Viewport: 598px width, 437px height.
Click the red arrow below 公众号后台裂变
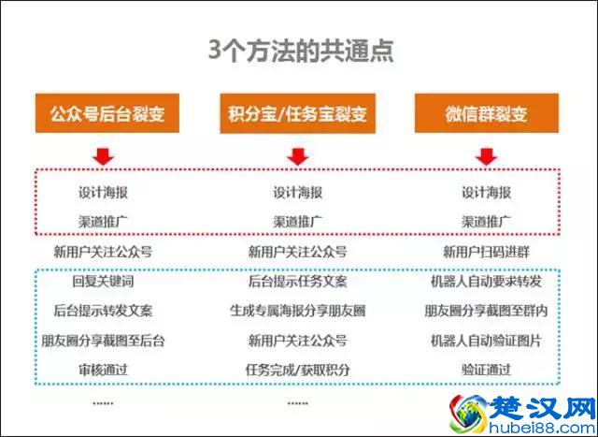click(103, 154)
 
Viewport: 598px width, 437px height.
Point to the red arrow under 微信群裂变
click(486, 154)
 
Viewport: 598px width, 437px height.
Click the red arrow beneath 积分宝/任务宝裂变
click(297, 154)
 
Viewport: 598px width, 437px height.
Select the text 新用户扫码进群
click(486, 252)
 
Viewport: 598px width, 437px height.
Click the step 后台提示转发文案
click(103, 311)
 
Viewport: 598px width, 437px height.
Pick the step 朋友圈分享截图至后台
click(103, 340)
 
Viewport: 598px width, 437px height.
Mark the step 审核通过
click(103, 370)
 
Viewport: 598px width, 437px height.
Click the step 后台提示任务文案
click(297, 281)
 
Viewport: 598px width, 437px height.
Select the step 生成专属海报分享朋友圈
click(297, 311)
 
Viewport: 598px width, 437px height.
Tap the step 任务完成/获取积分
click(297, 370)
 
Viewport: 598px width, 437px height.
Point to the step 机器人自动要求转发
click(486, 281)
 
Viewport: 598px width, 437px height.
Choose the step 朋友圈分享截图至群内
click(486, 311)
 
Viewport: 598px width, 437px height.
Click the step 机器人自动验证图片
click(486, 340)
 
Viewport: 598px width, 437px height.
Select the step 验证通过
click(486, 370)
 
